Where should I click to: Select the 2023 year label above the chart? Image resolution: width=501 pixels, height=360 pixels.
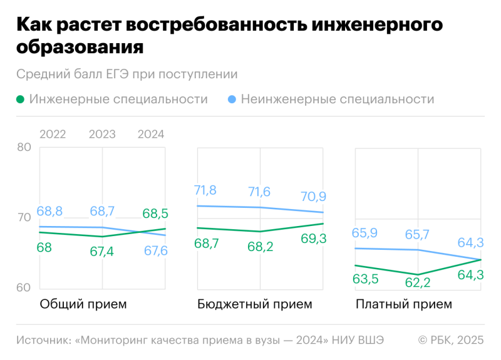click(102, 135)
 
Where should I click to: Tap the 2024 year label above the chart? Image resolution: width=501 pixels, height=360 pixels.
click(150, 135)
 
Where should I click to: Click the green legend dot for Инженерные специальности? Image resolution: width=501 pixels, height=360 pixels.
click(21, 100)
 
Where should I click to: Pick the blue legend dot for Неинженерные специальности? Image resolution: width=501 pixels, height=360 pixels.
click(232, 100)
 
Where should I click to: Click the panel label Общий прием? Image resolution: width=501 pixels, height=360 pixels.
click(83, 305)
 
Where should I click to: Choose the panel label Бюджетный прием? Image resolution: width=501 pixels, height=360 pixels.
click(254, 305)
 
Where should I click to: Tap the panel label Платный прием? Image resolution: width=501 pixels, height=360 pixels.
click(403, 305)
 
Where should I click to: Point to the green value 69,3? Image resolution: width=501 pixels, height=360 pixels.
click(312, 239)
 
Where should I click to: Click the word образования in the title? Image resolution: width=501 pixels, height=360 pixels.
click(80, 47)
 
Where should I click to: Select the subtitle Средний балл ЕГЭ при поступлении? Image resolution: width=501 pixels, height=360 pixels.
click(127, 75)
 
